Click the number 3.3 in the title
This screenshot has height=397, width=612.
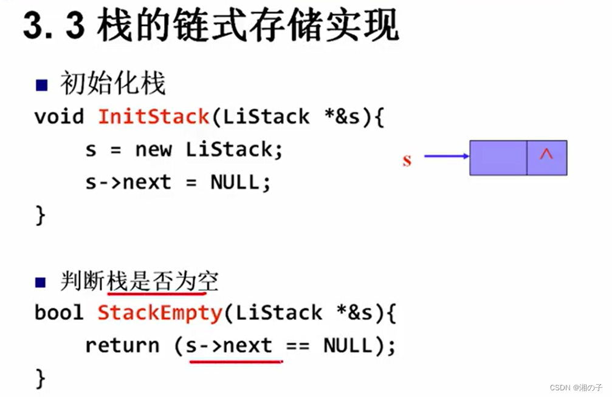53,27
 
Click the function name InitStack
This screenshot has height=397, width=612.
154,116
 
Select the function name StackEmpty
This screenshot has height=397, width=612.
160,313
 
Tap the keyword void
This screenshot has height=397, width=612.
59,116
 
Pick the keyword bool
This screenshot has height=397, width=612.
59,313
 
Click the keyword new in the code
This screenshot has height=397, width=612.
154,149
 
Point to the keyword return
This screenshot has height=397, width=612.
122,345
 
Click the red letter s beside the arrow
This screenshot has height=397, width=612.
407,160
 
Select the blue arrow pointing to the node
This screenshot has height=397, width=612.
446,157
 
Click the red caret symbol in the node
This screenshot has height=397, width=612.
546,155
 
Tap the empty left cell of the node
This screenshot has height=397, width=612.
498,158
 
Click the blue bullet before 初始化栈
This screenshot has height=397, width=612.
41,84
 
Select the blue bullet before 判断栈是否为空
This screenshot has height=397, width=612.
41,282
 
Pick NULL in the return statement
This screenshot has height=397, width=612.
348,345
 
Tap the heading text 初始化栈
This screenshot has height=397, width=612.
112,84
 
